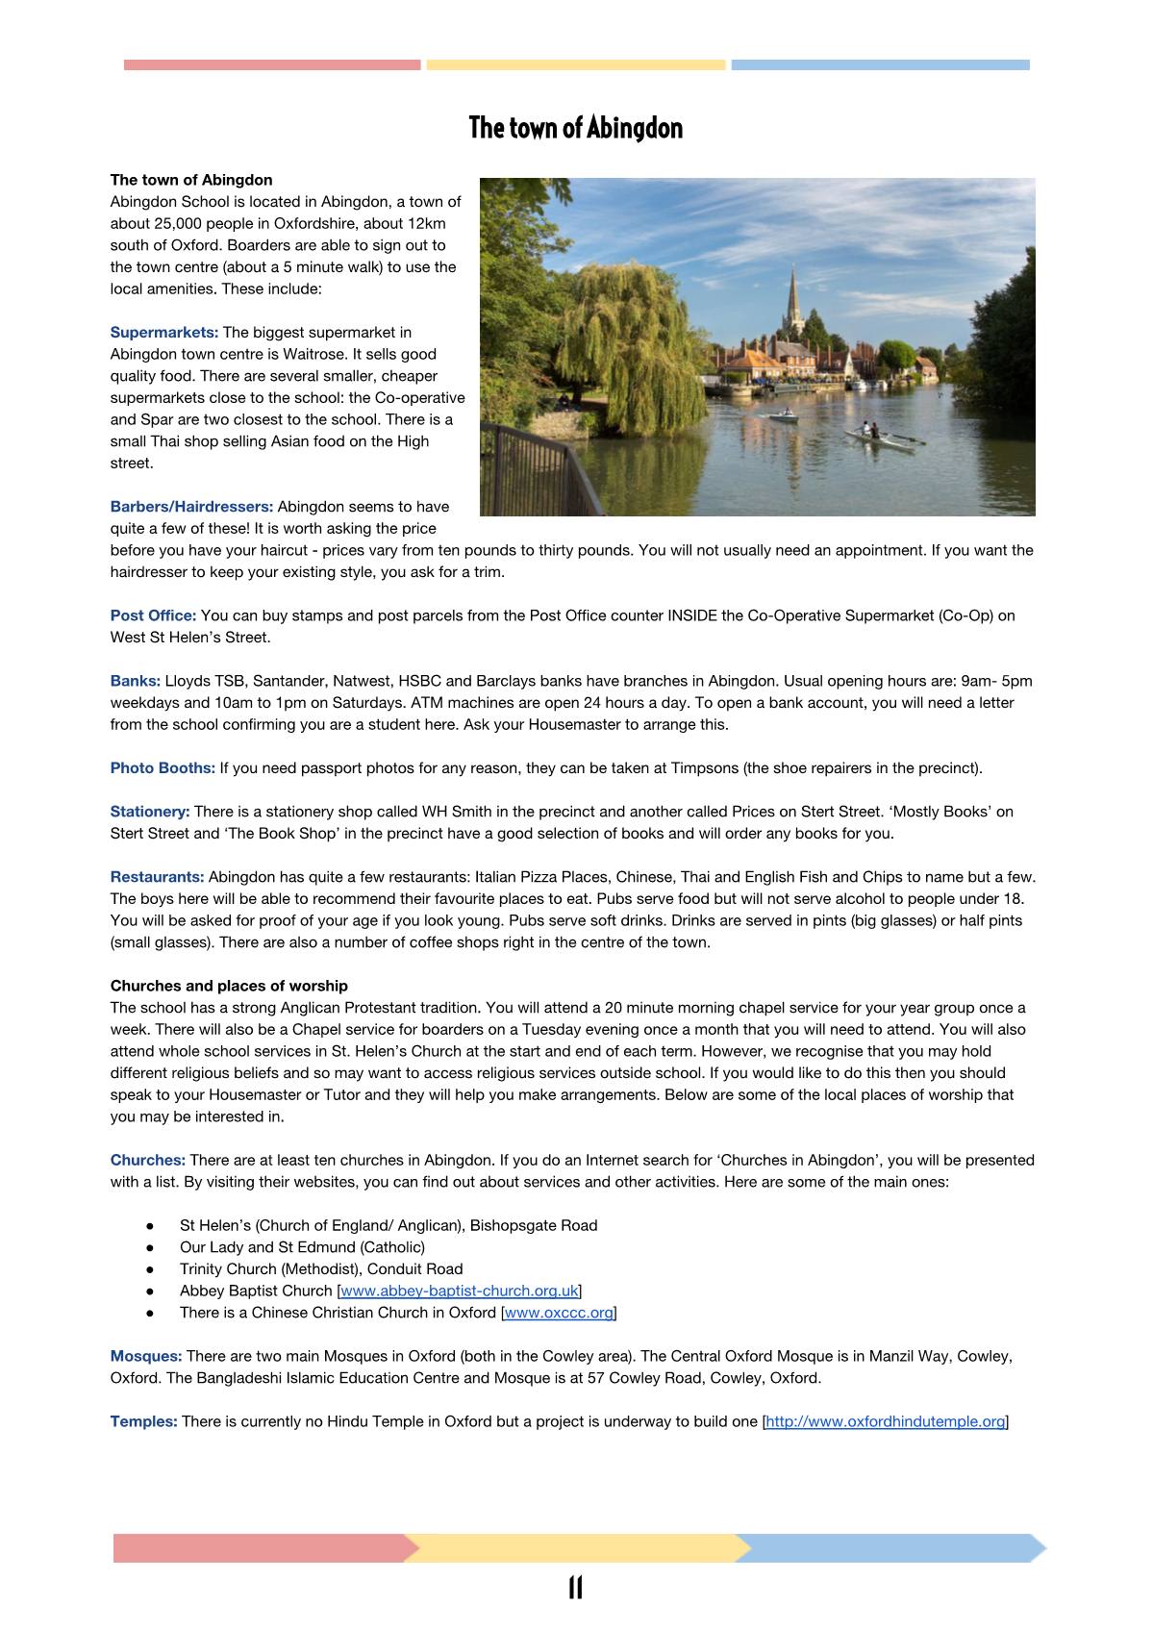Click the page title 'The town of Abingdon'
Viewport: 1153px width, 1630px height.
pos(575,128)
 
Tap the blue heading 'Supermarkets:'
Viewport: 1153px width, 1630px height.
pos(164,333)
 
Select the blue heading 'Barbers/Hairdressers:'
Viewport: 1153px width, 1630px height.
pos(191,507)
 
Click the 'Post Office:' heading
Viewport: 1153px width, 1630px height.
pos(153,615)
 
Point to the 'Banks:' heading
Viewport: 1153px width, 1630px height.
pos(135,681)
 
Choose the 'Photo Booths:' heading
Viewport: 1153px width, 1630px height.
pos(163,767)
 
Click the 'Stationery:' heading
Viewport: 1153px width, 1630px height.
pos(150,812)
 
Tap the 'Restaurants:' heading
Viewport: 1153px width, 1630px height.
pos(157,877)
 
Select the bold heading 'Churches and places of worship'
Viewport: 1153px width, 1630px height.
pos(229,986)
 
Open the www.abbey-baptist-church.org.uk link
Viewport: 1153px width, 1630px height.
pos(460,1291)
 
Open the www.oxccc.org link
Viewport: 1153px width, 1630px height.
pos(559,1313)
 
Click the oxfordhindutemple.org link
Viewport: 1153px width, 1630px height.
pos(885,1421)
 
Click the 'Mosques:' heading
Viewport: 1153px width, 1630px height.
pos(146,1356)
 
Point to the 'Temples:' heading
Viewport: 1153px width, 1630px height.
pos(143,1421)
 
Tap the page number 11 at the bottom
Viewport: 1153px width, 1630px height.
pos(575,1588)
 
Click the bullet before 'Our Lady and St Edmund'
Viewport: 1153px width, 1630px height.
pos(150,1247)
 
